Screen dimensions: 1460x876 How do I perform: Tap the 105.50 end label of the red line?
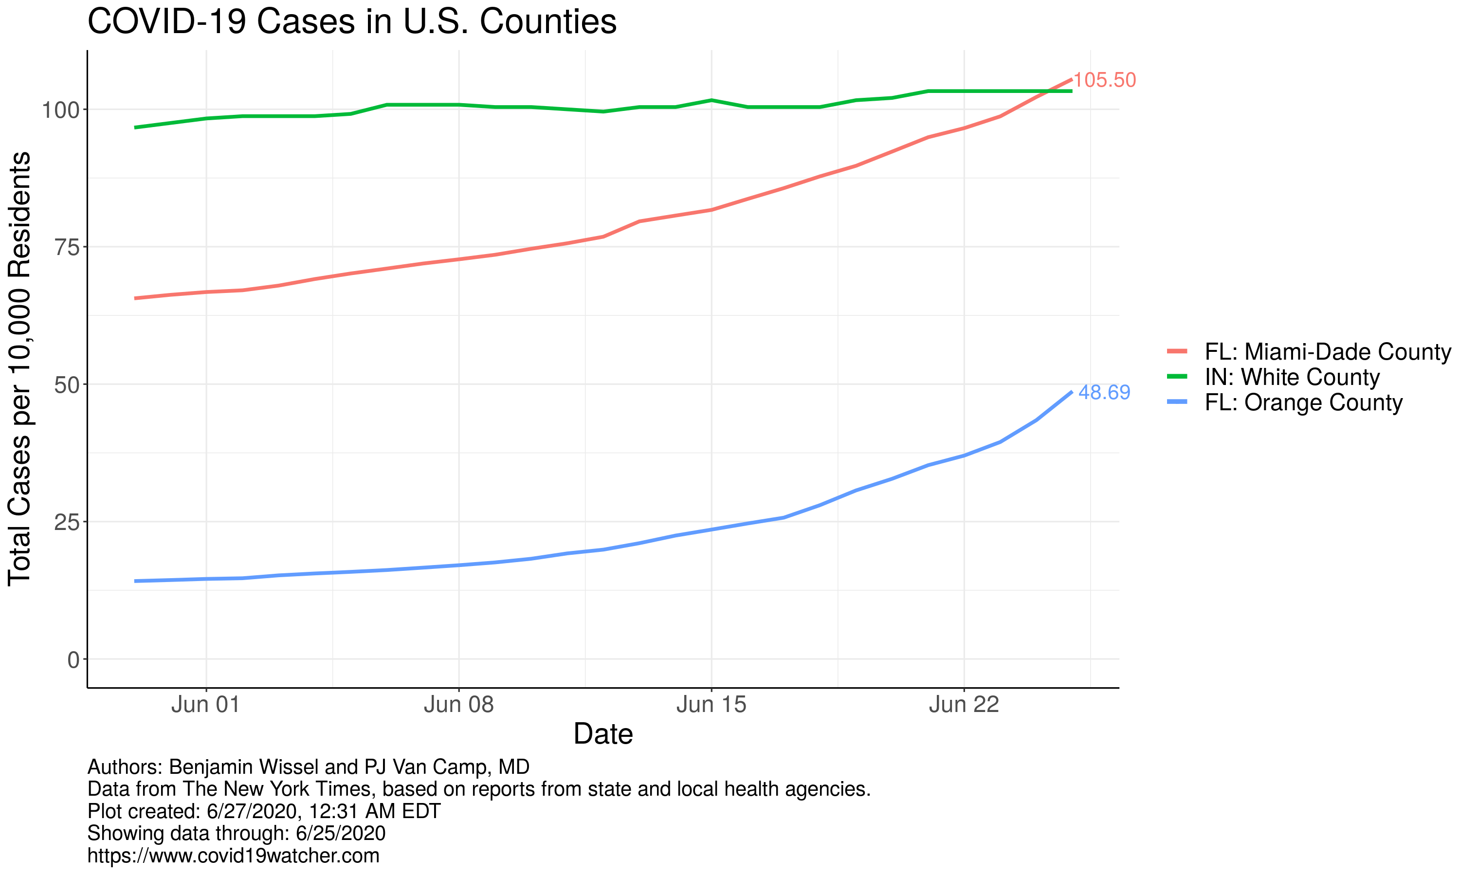pos(1104,80)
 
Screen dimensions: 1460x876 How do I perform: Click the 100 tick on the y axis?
pos(60,110)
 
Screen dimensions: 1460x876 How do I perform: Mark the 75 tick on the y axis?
pos(67,247)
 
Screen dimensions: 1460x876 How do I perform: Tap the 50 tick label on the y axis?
pos(67,385)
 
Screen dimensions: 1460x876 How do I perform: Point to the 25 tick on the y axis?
pos(67,522)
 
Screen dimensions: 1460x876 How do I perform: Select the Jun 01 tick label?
pos(206,705)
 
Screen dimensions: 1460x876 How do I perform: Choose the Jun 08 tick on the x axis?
pos(458,705)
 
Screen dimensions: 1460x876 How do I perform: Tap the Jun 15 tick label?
pos(711,705)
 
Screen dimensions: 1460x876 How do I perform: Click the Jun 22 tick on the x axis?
pos(964,705)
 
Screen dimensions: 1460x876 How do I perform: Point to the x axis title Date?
pos(603,734)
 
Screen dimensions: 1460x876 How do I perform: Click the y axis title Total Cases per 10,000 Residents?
pos(19,369)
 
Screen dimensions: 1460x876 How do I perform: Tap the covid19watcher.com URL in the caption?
pos(233,856)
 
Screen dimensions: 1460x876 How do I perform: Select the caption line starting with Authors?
pos(308,767)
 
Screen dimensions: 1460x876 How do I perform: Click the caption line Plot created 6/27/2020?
pos(264,811)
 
